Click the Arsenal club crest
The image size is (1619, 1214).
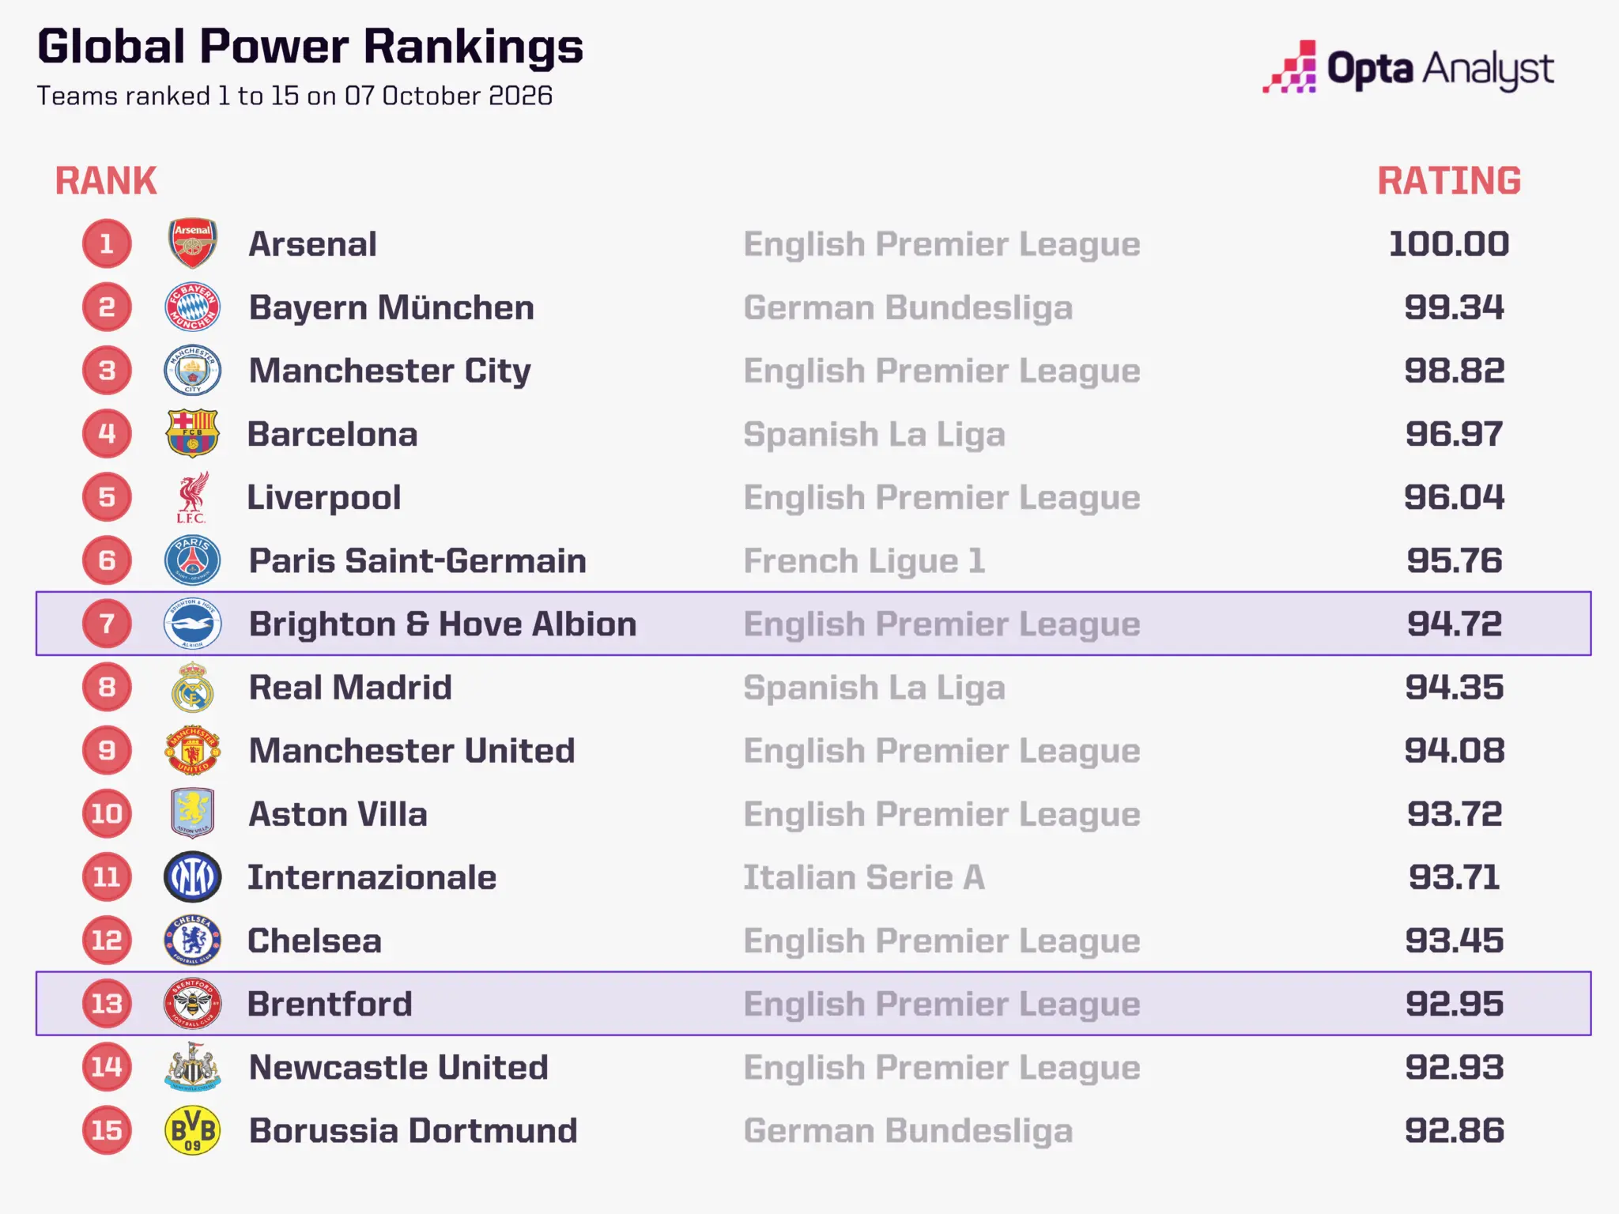192,243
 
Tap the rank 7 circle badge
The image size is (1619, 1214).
107,624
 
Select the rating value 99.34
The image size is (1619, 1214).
1454,307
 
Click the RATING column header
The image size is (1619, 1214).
1449,181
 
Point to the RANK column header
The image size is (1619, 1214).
106,181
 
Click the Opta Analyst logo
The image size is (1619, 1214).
1408,67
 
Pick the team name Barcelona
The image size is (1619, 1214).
333,434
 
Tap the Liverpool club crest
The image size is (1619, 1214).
192,497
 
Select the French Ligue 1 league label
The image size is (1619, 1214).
864,561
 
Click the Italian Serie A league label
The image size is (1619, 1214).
864,877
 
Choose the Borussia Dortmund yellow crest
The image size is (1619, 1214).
192,1130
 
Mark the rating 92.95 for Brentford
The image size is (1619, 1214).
1454,1004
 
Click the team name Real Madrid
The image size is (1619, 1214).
350,688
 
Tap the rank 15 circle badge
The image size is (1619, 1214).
107,1130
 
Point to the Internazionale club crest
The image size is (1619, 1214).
192,877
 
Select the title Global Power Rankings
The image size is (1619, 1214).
310,47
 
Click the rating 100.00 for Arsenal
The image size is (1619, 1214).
1449,244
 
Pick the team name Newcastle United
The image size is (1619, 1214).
398,1067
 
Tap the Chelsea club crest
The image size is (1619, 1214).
192,941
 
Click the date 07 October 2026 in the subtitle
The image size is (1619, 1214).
448,96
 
